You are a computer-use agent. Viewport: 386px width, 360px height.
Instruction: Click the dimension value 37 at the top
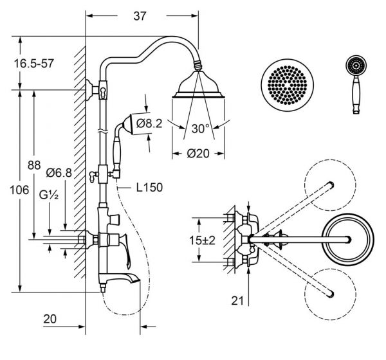click(140, 16)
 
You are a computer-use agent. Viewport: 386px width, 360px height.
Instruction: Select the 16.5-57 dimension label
click(33, 64)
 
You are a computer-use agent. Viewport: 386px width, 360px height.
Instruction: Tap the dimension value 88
click(34, 165)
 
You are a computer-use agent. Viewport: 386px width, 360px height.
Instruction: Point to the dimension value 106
click(19, 190)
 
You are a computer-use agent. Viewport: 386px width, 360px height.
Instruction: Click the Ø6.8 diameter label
click(59, 173)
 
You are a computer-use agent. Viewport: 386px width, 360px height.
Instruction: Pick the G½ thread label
click(49, 195)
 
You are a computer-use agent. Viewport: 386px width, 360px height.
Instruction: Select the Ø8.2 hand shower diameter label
click(149, 123)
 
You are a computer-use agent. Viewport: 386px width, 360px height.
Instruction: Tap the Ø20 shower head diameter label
click(198, 154)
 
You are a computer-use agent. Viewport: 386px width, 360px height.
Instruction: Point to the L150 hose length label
click(149, 188)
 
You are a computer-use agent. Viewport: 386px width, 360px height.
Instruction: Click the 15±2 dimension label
click(202, 240)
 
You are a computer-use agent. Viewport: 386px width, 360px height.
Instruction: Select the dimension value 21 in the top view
click(237, 301)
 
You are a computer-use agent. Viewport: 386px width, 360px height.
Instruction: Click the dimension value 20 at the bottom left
click(50, 319)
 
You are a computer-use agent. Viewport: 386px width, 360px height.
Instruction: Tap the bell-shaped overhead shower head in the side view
click(198, 85)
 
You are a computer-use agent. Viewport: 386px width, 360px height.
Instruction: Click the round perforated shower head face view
click(288, 85)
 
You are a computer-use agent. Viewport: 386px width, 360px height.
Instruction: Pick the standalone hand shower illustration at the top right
click(356, 85)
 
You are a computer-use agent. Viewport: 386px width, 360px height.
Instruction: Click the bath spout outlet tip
click(138, 280)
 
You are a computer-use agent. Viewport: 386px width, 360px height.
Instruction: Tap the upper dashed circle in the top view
click(330, 185)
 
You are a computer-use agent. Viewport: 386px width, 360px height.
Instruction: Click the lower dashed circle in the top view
click(330, 294)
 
